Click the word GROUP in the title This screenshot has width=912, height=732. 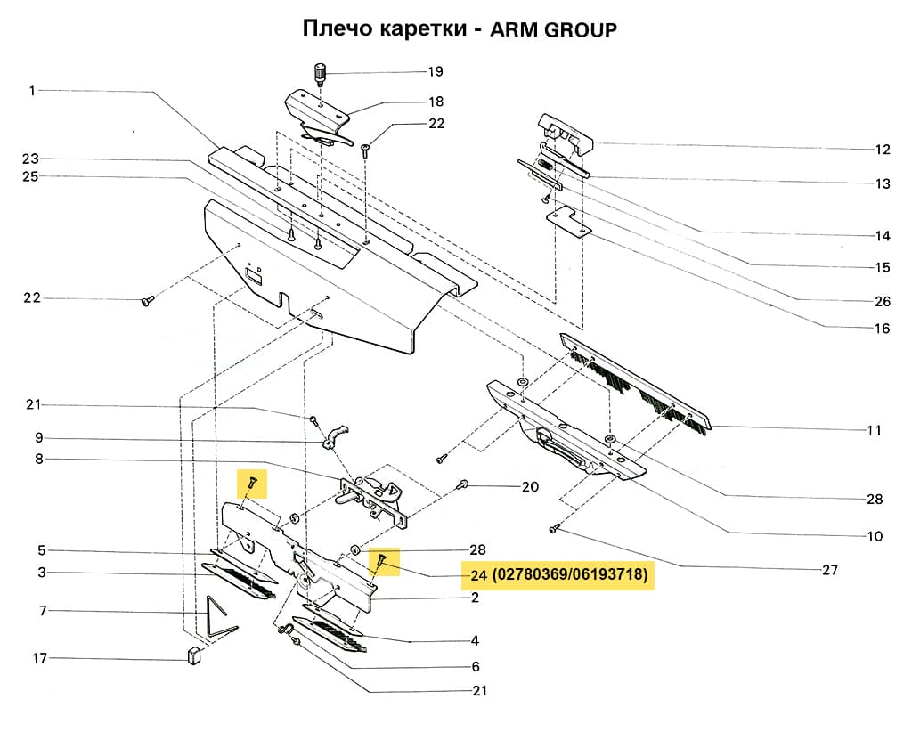[x=580, y=29]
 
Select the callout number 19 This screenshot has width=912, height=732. [x=435, y=71]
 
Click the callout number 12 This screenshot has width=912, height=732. [x=882, y=149]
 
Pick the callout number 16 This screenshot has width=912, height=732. [x=882, y=329]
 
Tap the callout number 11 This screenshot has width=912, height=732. [x=874, y=430]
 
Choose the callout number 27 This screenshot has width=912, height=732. [x=830, y=570]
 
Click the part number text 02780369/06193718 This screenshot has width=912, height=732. [x=571, y=576]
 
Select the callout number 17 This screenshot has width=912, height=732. [x=39, y=659]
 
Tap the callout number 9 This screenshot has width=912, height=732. [x=39, y=438]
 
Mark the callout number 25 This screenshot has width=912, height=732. [x=30, y=176]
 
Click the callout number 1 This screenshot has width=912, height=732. [x=32, y=90]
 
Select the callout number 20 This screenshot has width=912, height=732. [x=530, y=487]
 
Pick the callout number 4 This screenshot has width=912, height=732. [x=476, y=640]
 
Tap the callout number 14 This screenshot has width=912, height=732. [x=882, y=236]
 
